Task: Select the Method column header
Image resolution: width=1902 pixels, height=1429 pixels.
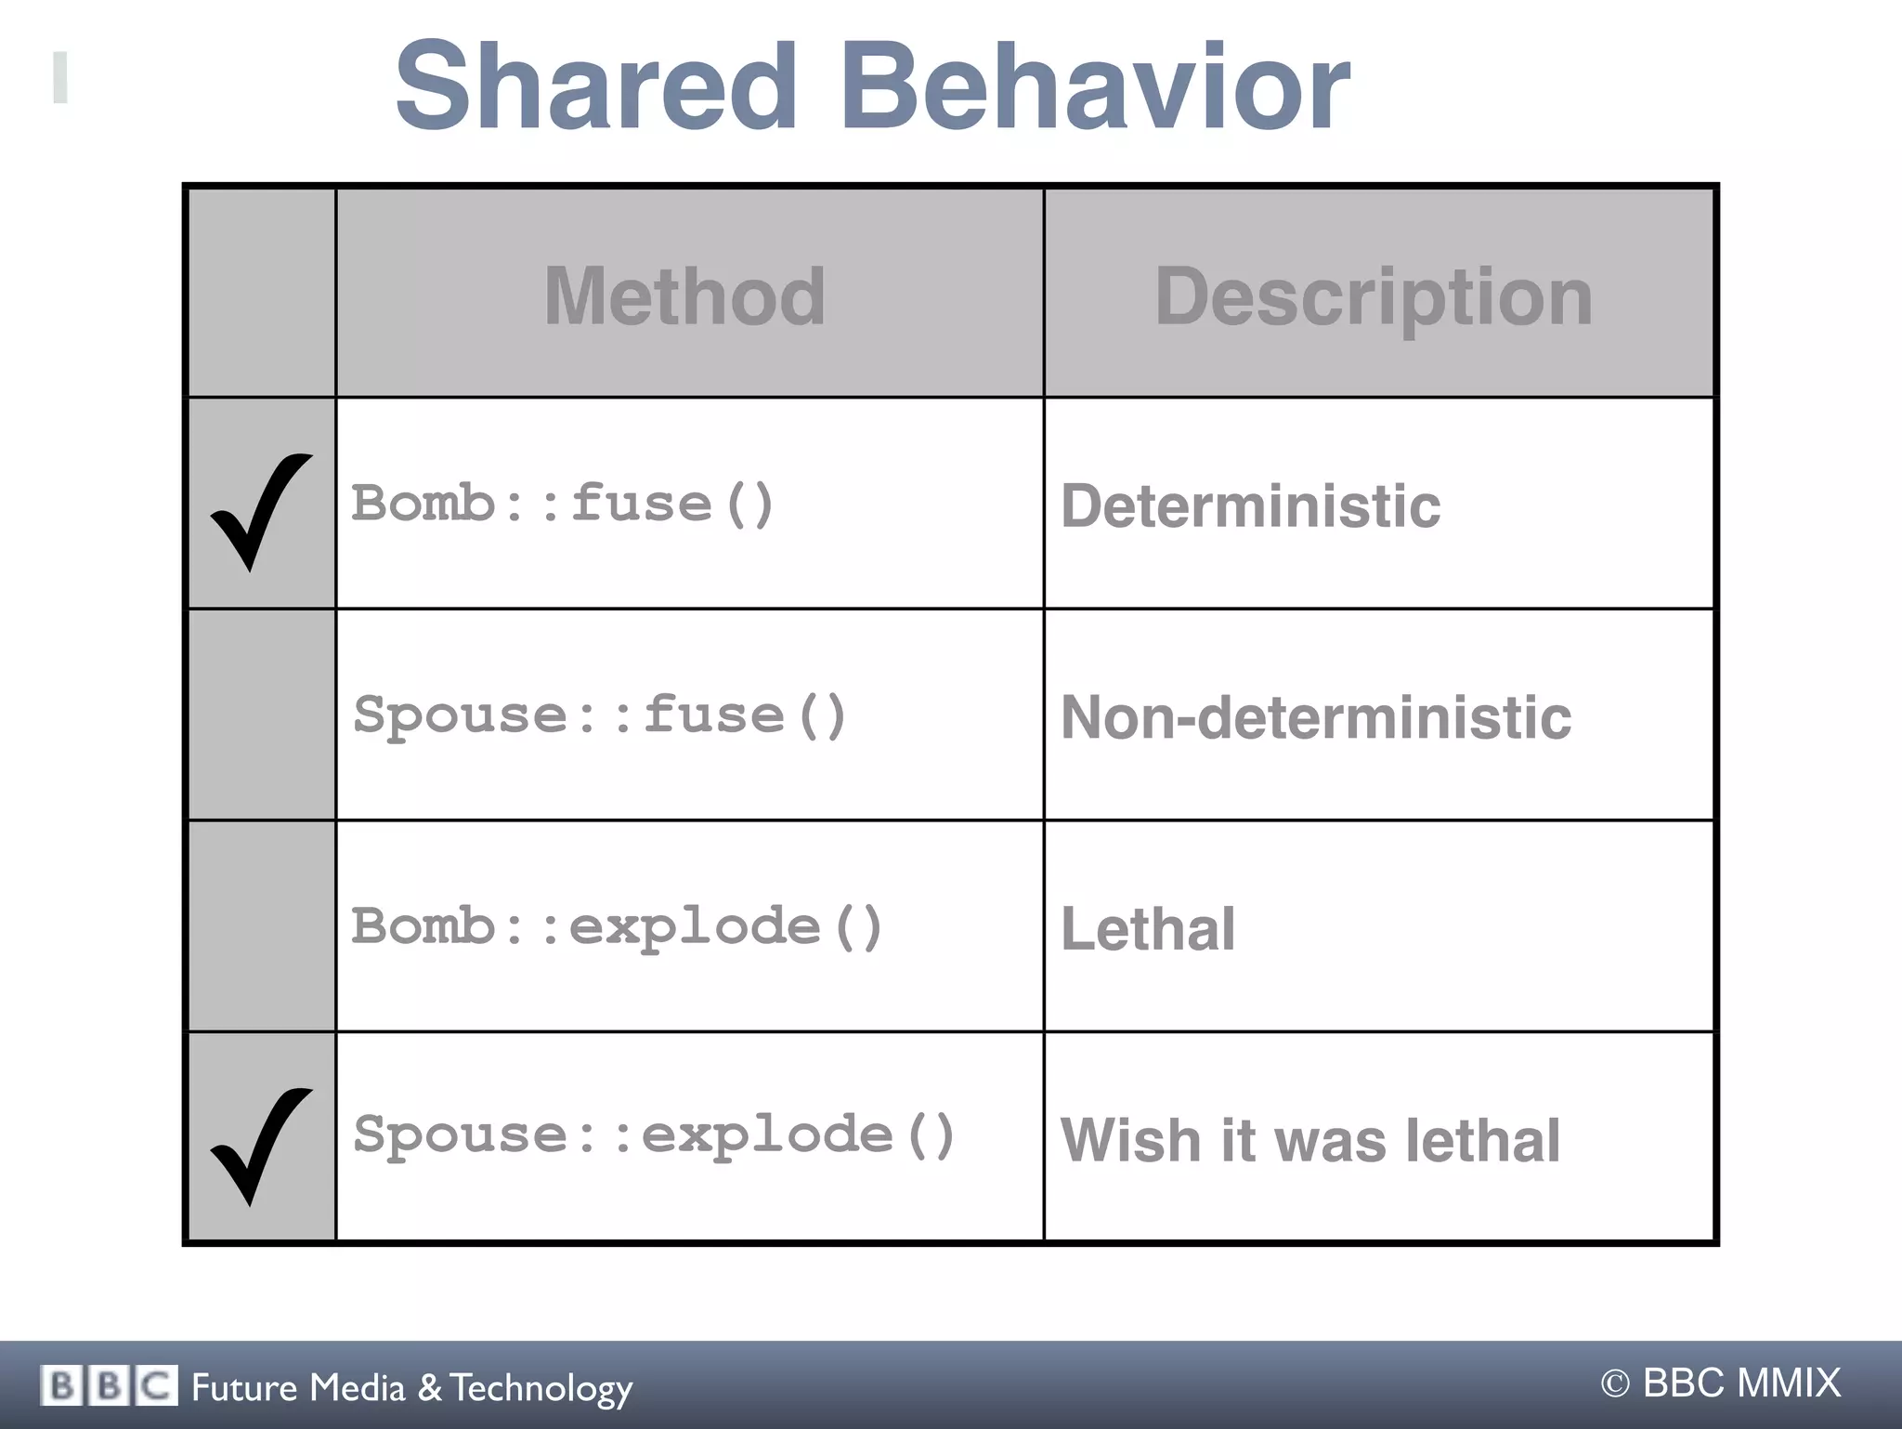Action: (684, 295)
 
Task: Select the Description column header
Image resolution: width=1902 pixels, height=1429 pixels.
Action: (1374, 295)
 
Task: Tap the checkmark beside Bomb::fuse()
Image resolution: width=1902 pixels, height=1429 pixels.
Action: (260, 510)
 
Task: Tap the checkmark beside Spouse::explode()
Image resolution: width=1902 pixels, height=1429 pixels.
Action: (260, 1145)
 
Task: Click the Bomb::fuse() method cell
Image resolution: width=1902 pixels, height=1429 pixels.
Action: (563, 504)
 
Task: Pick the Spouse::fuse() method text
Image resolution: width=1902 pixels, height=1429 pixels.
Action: (600, 715)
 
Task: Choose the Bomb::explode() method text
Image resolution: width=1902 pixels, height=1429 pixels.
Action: (617, 926)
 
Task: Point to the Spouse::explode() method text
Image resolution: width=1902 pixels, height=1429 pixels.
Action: (654, 1135)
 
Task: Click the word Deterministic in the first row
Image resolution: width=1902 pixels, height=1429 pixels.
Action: (1250, 506)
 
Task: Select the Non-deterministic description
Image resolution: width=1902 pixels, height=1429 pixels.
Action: (1315, 717)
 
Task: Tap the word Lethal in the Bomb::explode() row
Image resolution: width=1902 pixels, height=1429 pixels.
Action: (1148, 928)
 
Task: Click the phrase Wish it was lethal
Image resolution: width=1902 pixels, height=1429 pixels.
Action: (1309, 1140)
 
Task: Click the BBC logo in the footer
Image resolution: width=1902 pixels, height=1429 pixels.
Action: (109, 1386)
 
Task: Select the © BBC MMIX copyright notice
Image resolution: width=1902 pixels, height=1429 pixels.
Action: (1720, 1383)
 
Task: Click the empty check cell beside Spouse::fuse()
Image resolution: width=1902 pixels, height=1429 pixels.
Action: (262, 714)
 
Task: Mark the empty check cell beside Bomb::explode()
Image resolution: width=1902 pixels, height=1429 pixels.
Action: (262, 926)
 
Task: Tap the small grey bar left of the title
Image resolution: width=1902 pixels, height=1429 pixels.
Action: (60, 77)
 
